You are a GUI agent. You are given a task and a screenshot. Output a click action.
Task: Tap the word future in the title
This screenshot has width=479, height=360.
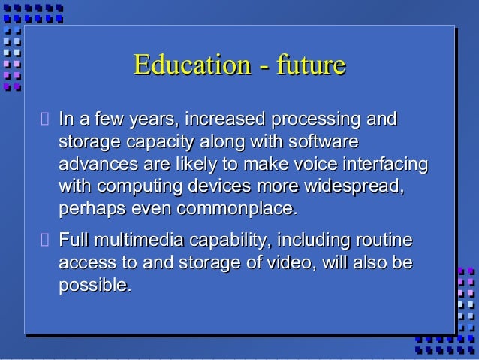tap(310, 65)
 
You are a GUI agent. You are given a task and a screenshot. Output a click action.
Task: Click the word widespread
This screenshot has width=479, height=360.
tap(353, 185)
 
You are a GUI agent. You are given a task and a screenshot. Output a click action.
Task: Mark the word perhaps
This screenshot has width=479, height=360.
tap(87, 207)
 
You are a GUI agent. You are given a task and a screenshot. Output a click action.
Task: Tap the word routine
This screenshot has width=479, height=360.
tap(384, 241)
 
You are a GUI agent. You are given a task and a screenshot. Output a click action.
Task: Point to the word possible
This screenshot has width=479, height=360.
tap(95, 286)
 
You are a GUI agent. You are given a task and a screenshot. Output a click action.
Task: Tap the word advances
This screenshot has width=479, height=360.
tap(94, 164)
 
